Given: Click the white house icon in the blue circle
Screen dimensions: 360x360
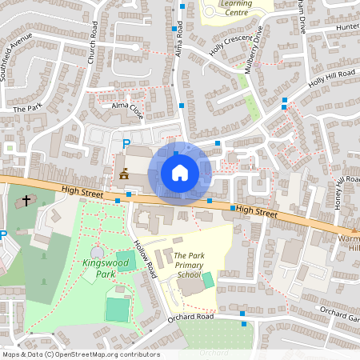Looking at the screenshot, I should pyautogui.click(x=180, y=173).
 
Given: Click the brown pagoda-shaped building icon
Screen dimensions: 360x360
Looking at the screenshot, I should pyautogui.click(x=124, y=172).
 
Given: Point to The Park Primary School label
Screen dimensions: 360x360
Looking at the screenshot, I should pyautogui.click(x=178, y=265).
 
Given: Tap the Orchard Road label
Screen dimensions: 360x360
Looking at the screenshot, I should pyautogui.click(x=190, y=317).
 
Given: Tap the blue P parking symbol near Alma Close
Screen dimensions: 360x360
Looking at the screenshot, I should pyautogui.click(x=126, y=144).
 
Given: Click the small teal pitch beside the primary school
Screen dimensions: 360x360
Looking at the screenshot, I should pyautogui.click(x=208, y=280).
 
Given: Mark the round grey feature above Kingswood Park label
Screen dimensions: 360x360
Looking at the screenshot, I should pyautogui.click(x=97, y=253).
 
